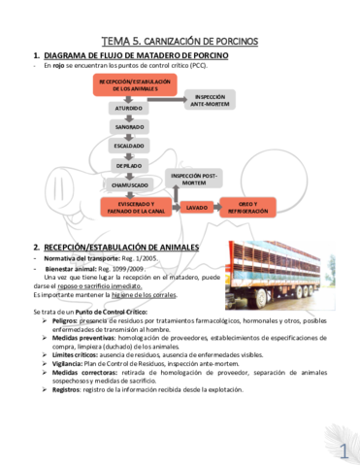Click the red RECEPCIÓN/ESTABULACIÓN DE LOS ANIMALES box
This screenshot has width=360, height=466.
135,85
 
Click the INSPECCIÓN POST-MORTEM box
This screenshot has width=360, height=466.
194,179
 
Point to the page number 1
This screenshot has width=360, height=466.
344,449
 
